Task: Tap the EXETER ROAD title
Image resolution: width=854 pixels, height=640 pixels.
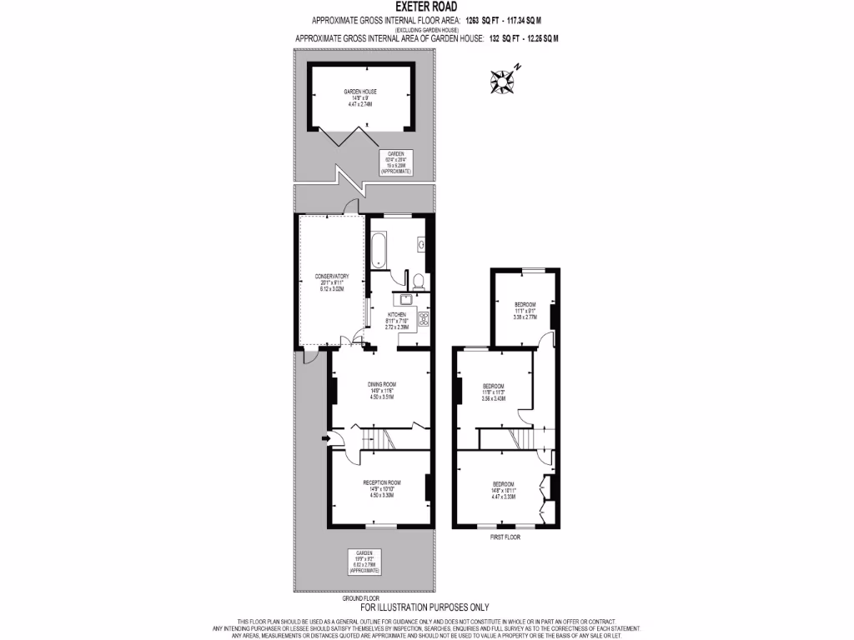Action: [426, 7]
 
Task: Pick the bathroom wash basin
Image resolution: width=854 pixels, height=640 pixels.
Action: [423, 246]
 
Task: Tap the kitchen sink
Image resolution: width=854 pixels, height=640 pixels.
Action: [406, 299]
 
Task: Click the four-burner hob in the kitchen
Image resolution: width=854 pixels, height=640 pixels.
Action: [423, 317]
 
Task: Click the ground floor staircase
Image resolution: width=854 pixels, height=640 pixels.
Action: [383, 438]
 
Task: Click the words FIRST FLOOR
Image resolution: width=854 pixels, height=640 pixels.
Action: [505, 537]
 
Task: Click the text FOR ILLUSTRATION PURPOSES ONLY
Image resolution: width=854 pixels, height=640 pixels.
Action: [424, 607]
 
